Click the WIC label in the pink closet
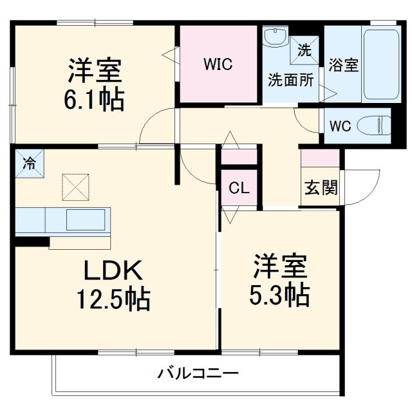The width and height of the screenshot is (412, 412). pos(218,65)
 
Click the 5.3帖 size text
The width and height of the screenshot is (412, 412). pos(279,295)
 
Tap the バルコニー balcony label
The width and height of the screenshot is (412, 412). pos(198,373)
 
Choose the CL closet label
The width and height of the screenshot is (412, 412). pos(239,189)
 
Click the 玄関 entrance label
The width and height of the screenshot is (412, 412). pos(321,188)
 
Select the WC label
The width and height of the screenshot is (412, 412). pos(341,126)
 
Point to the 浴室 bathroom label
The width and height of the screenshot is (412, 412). pos(343,66)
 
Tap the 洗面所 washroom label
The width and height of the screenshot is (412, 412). pos(290,81)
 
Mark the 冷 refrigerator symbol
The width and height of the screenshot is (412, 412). pos(30,163)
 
